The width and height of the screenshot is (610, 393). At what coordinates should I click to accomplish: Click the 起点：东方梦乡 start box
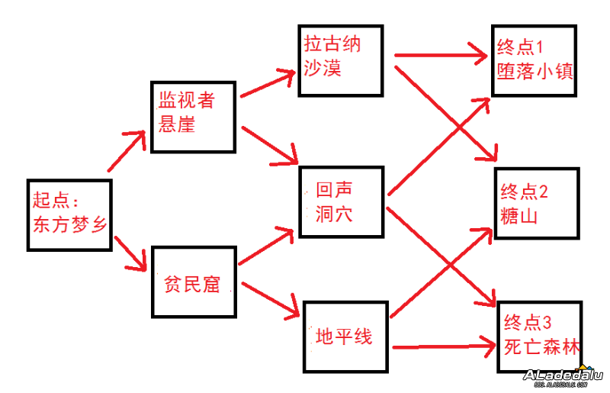pos(69,214)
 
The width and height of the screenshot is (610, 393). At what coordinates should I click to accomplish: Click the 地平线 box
pos(347,336)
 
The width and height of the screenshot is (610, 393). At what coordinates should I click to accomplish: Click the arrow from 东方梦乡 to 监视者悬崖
pos(126,151)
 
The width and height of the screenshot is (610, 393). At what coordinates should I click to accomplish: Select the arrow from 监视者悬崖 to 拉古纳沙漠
pos(267,84)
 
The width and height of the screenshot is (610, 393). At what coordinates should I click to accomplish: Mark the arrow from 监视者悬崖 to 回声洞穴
pos(268,145)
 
